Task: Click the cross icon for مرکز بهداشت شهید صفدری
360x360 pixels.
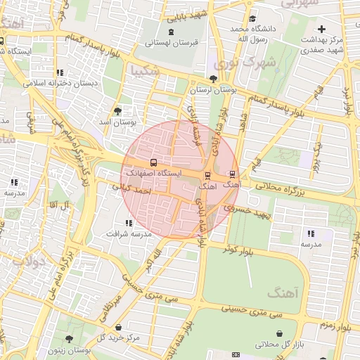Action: tap(322, 29)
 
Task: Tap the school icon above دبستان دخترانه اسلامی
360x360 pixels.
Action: tap(60, 72)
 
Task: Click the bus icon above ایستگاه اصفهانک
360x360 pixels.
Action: tap(153, 162)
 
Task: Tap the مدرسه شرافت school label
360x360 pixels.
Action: tap(128, 233)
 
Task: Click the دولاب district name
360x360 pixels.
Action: tap(30, 262)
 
